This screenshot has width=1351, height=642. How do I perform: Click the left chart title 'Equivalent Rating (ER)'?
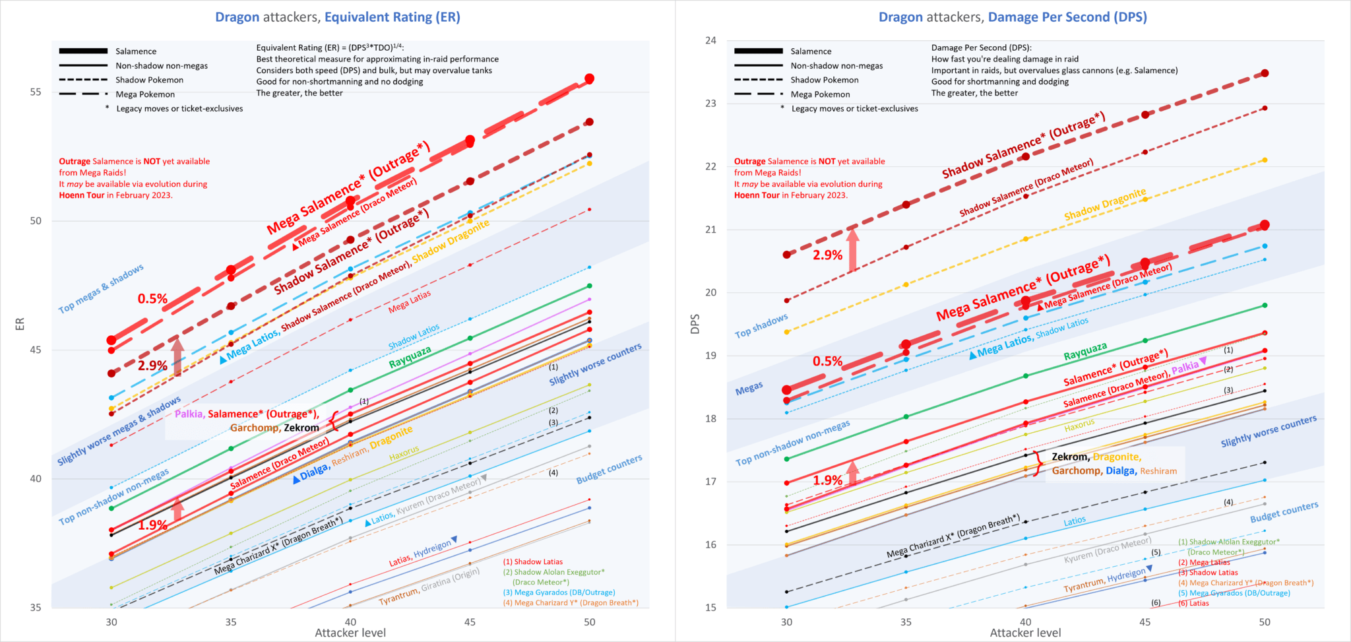pyautogui.click(x=392, y=17)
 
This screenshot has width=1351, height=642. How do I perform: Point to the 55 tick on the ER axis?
pyautogui.click(x=36, y=92)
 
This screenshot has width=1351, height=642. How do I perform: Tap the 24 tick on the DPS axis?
pyautogui.click(x=710, y=40)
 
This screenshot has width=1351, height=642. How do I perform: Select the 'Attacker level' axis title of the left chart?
pyautogui.click(x=350, y=633)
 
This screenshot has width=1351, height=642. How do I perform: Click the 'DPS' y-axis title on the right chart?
pyautogui.click(x=695, y=323)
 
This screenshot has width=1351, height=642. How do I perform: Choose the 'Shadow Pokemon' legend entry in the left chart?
pyautogui.click(x=149, y=80)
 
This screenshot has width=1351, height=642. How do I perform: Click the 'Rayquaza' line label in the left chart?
pyautogui.click(x=410, y=357)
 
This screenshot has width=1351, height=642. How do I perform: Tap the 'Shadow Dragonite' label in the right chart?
pyautogui.click(x=1105, y=205)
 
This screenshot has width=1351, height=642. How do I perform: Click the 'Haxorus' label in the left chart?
pyautogui.click(x=404, y=453)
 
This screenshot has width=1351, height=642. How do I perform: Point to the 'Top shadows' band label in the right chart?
pyautogui.click(x=761, y=326)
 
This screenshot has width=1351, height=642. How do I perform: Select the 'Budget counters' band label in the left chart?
pyautogui.click(x=609, y=469)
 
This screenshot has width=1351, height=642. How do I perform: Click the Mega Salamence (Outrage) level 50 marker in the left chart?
pyautogui.click(x=590, y=79)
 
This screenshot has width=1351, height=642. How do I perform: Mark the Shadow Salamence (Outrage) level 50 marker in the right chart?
pyautogui.click(x=1265, y=73)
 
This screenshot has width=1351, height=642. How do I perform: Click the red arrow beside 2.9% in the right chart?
pyautogui.click(x=852, y=251)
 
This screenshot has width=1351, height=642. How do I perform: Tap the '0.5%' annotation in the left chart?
pyautogui.click(x=152, y=299)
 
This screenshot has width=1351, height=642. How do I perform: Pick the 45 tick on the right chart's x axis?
pyautogui.click(x=1145, y=622)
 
